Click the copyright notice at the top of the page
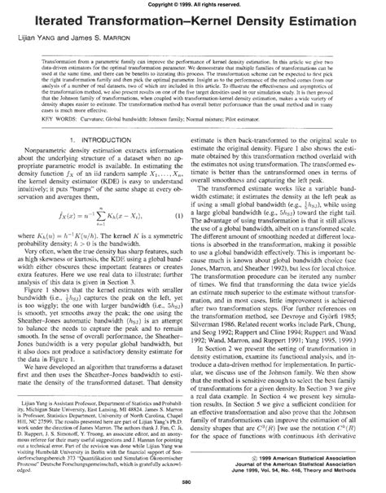[193, 5]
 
